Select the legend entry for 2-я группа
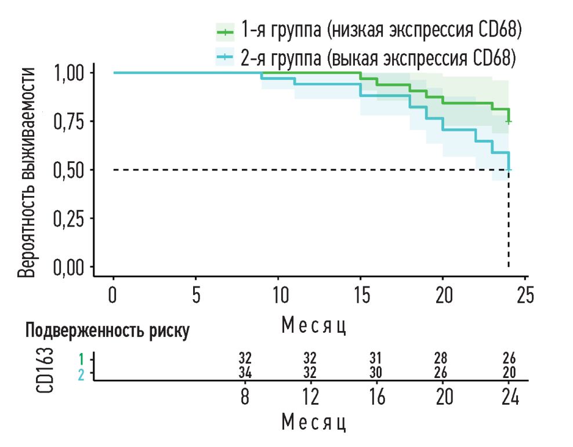point(365,57)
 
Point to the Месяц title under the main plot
point(314,326)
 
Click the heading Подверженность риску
point(107,331)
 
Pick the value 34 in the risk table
point(245,372)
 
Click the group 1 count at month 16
point(377,358)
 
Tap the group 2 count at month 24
point(509,372)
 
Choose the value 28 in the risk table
point(443,358)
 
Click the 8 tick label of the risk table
point(245,398)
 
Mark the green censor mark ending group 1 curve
point(509,121)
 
